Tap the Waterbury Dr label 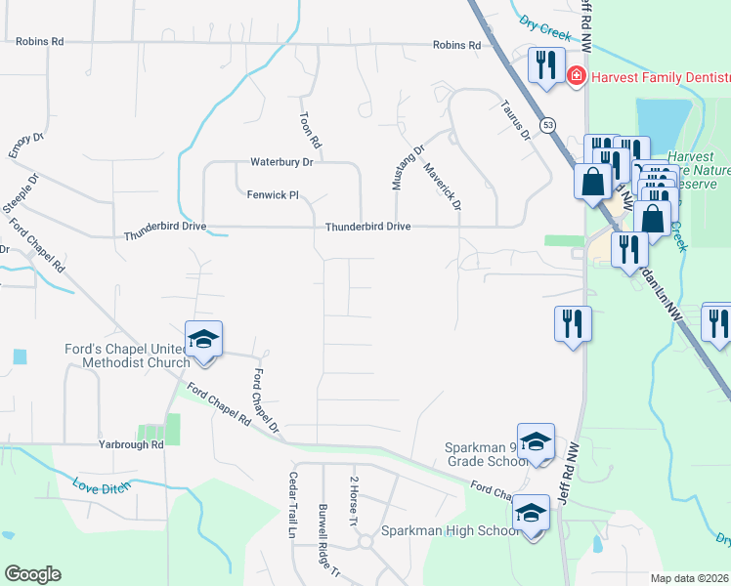pos(281,161)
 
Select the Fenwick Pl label pos(272,194)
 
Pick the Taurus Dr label pos(514,117)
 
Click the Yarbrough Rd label pos(130,444)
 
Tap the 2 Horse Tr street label pos(354,503)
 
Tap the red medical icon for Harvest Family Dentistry pos(576,74)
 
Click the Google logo pos(32,574)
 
